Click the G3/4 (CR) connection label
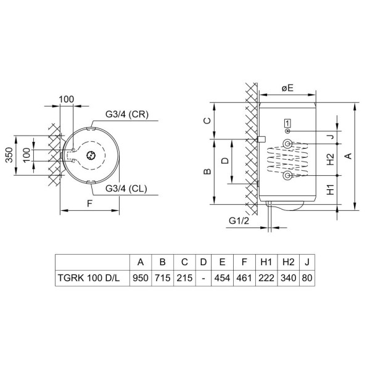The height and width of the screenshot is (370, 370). (127, 115)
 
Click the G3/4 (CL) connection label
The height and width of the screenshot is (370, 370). (126, 189)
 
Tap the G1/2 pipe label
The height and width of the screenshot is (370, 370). (239, 221)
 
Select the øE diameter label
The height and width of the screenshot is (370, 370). (287, 88)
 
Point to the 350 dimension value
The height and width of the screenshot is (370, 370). (9, 155)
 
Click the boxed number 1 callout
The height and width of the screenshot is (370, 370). (287, 123)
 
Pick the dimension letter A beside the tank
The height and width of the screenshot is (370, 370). (348, 156)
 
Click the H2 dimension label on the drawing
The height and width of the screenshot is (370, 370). (331, 159)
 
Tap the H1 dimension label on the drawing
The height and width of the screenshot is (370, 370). (331, 189)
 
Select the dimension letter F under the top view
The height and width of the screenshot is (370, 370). (89, 203)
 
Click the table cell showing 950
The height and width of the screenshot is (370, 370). (141, 278)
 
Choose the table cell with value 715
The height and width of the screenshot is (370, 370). (162, 278)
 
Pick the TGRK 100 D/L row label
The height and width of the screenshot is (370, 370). (89, 278)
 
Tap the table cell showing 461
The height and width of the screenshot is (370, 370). (244, 278)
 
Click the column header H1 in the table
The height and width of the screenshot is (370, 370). (266, 262)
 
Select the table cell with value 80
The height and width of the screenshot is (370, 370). (306, 278)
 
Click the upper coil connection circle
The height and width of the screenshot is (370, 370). (287, 144)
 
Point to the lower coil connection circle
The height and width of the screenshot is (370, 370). (287, 175)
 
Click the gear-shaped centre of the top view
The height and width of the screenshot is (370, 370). (91, 155)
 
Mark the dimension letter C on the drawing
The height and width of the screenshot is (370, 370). (207, 121)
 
